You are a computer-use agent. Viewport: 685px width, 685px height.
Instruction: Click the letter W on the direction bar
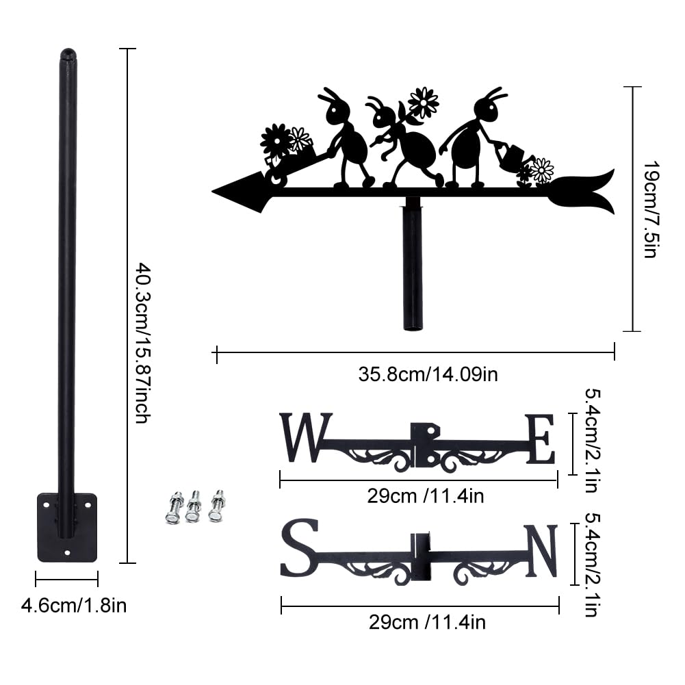pyautogui.click(x=306, y=437)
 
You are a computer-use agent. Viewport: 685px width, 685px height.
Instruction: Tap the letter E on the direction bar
pyautogui.click(x=541, y=439)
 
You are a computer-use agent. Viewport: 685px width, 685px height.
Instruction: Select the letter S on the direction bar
pyautogui.click(x=299, y=547)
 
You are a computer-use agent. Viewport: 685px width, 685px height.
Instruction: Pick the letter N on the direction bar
pyautogui.click(x=542, y=550)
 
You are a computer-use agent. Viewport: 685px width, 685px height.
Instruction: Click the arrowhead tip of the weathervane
pyautogui.click(x=213, y=192)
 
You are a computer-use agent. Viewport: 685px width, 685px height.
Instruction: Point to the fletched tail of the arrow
pyautogui.click(x=582, y=192)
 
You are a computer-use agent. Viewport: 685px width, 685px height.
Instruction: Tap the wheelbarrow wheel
pyautogui.click(x=276, y=178)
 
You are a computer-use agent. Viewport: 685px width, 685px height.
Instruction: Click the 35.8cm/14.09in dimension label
pyautogui.click(x=428, y=374)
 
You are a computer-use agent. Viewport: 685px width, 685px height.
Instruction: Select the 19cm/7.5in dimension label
pyautogui.click(x=651, y=209)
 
